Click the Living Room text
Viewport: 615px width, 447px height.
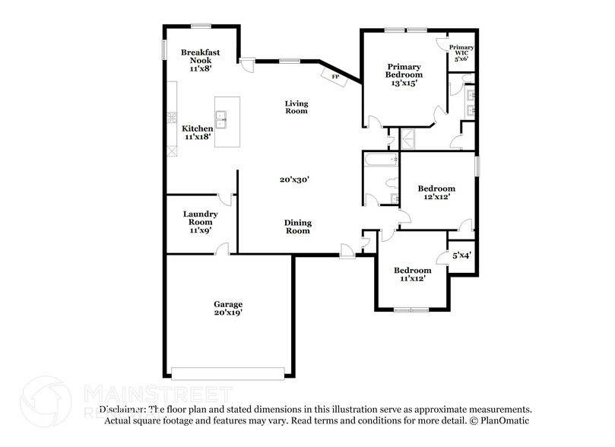tap(296, 106)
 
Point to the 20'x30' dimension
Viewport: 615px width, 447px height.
tap(294, 180)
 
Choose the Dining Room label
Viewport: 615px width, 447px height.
tap(297, 227)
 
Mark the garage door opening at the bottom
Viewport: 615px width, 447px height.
tap(228, 372)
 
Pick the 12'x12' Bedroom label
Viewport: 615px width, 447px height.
tap(436, 192)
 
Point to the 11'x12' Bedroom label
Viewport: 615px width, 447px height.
tap(411, 274)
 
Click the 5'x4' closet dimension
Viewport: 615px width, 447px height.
tap(461, 255)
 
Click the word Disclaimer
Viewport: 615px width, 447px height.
tap(122, 409)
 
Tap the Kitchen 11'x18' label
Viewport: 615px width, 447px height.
tap(197, 133)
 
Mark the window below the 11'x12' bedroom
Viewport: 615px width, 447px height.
tap(411, 309)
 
